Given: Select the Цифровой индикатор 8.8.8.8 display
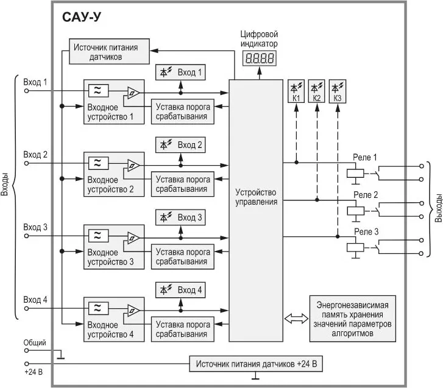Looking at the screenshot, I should tap(258, 58).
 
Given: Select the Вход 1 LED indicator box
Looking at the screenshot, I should tap(180, 72).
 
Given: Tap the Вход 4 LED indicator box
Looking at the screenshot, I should tap(180, 289).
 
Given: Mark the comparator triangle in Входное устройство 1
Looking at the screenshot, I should tap(132, 93).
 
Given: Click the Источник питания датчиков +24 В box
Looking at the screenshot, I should tap(257, 364).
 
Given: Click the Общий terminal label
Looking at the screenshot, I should tap(35, 343).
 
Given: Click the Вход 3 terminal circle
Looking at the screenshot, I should tap(26, 236).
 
